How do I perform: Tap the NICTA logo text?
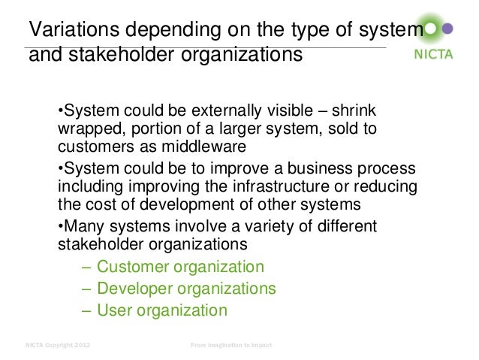(x=434, y=55)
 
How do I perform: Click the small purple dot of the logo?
(x=448, y=31)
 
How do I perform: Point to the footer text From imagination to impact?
(x=230, y=345)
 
